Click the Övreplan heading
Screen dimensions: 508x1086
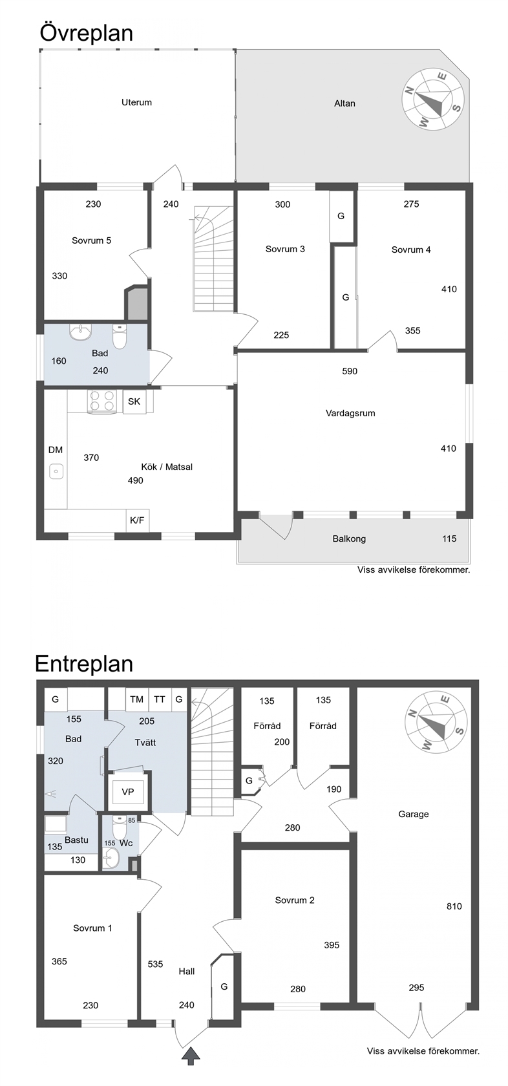pyautogui.click(x=87, y=34)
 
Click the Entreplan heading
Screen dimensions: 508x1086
pyautogui.click(x=84, y=664)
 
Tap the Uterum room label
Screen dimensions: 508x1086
pyautogui.click(x=137, y=102)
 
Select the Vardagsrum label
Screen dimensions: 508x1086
pyautogui.click(x=350, y=413)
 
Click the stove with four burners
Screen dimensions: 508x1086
pyautogui.click(x=102, y=402)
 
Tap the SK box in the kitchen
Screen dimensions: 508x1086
pyautogui.click(x=134, y=401)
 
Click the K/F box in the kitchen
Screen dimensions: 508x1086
pyautogui.click(x=137, y=520)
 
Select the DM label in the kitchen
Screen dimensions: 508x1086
pyautogui.click(x=56, y=450)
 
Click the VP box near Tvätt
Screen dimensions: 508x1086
pyautogui.click(x=128, y=793)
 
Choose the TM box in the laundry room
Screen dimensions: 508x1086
pyautogui.click(x=137, y=699)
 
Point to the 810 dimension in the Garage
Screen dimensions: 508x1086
pyautogui.click(x=454, y=906)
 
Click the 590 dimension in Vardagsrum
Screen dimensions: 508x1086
pyautogui.click(x=350, y=371)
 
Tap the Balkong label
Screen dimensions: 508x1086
pyautogui.click(x=349, y=538)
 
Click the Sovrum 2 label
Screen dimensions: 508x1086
pyautogui.click(x=295, y=900)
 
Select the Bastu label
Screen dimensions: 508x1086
pyautogui.click(x=76, y=840)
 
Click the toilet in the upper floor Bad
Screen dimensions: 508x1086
pyautogui.click(x=119, y=336)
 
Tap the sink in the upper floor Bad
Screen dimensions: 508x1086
pyautogui.click(x=80, y=332)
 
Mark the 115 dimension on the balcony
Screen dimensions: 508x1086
pyautogui.click(x=449, y=538)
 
